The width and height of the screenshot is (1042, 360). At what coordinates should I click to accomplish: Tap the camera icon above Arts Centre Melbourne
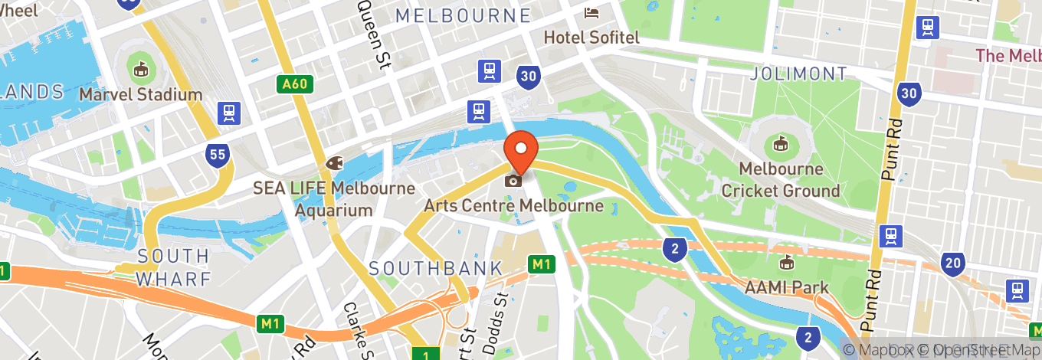tap(513, 181)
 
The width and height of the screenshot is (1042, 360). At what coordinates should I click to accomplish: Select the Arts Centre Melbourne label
tap(513, 206)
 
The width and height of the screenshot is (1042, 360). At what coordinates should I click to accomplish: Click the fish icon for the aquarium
tap(334, 162)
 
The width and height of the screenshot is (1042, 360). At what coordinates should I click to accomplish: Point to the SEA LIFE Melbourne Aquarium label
tap(334, 198)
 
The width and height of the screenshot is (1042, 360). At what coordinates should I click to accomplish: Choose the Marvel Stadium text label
tap(141, 95)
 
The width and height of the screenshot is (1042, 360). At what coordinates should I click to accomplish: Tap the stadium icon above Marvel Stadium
tap(140, 70)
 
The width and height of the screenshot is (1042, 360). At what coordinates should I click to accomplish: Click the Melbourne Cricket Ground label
tap(781, 179)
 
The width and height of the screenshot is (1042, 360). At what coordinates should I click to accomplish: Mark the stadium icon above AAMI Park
tap(786, 264)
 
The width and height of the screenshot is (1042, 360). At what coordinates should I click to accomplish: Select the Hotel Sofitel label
tap(591, 37)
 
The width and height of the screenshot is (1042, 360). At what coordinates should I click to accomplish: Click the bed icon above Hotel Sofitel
tap(592, 12)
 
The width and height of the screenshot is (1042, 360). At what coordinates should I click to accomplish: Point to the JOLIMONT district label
tap(799, 74)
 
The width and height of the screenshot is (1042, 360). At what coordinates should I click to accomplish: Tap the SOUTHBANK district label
tap(436, 268)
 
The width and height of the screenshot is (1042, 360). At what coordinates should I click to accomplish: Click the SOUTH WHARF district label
tap(172, 267)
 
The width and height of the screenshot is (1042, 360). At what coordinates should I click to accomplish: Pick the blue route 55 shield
tap(218, 155)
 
